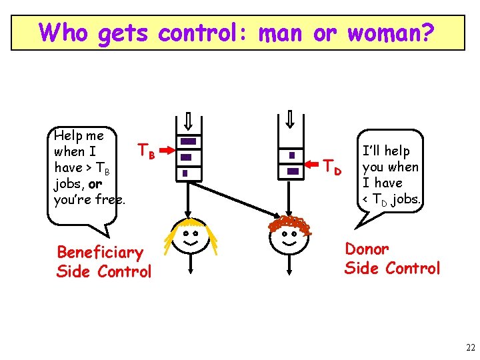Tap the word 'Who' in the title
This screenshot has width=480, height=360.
pyautogui.click(x=63, y=32)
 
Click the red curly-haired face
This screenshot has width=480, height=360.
pyautogui.click(x=289, y=237)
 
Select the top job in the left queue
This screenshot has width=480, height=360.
pyautogui.click(x=189, y=141)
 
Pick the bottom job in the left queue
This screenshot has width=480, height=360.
pyautogui.click(x=185, y=173)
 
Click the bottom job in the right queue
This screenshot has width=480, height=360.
pyautogui.click(x=292, y=171)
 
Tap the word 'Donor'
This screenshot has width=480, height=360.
pyautogui.click(x=367, y=249)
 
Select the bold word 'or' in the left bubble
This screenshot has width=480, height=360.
pyautogui.click(x=95, y=183)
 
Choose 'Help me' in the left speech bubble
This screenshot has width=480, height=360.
pyautogui.click(x=79, y=136)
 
